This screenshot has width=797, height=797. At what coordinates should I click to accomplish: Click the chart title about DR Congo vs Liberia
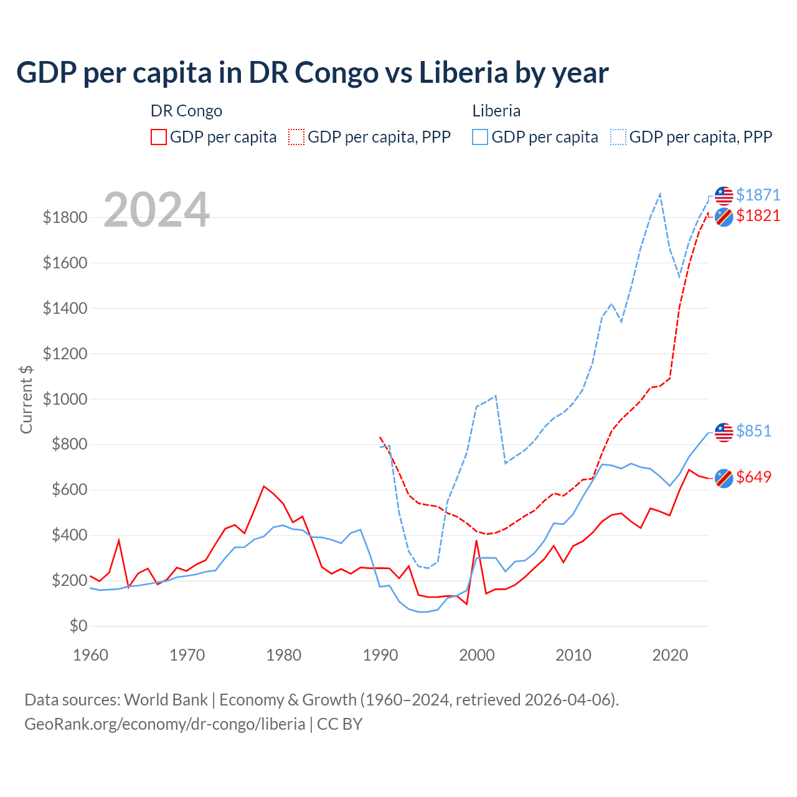[x=312, y=73]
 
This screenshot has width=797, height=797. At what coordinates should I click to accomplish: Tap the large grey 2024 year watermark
[x=156, y=210]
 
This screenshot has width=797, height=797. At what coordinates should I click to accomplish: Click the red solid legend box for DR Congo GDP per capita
[x=159, y=137]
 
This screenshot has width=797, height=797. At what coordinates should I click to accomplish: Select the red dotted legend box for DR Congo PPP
[x=296, y=137]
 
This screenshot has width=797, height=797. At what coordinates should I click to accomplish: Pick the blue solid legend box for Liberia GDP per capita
[x=480, y=137]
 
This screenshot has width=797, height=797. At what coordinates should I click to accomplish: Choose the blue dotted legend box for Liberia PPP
[x=618, y=137]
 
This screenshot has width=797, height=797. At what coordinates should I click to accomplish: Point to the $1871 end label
[x=758, y=195]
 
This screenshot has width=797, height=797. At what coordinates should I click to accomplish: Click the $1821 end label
[x=758, y=215]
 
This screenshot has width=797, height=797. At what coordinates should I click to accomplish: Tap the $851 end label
[x=753, y=431]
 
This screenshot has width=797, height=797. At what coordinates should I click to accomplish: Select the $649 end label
[x=753, y=477]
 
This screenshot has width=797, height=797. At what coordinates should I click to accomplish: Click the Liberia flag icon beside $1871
[x=724, y=196]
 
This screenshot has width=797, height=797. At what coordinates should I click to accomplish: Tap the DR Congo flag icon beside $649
[x=724, y=478]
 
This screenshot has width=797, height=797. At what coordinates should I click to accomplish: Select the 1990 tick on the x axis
[x=380, y=655]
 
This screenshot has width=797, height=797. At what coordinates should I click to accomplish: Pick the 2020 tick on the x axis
[x=670, y=655]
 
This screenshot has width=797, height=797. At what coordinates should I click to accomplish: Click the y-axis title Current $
[x=26, y=399]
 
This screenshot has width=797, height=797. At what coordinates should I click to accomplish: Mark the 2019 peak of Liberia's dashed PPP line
[x=660, y=194]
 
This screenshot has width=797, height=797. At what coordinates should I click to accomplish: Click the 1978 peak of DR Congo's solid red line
[x=264, y=486]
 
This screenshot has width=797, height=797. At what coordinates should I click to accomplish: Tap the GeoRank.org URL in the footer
[x=164, y=724]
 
